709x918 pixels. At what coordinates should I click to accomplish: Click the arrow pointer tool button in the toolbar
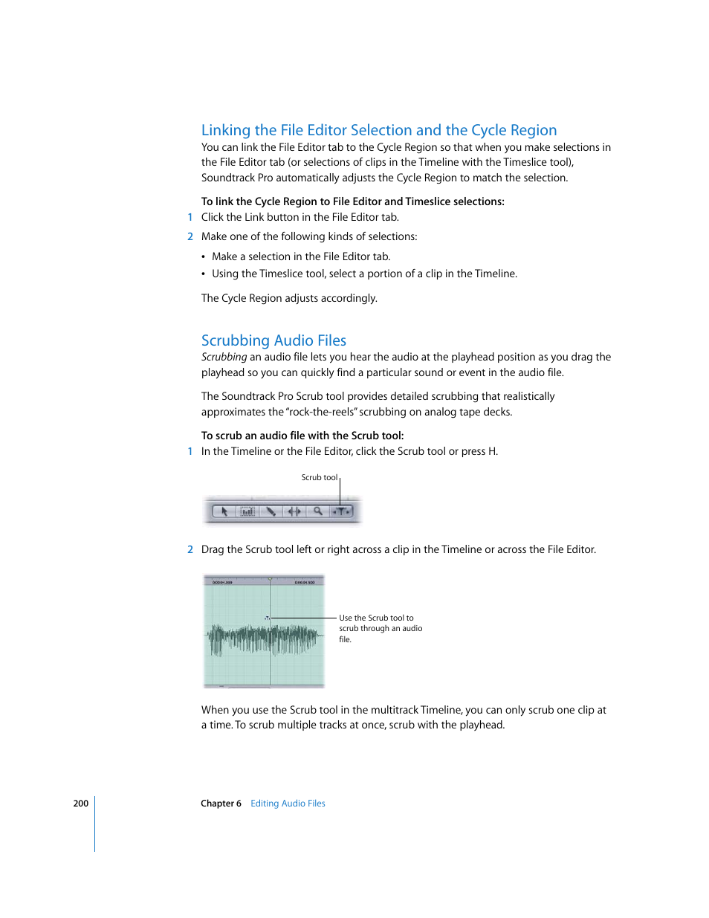coord(224,511)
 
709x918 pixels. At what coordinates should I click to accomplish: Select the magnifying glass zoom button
coord(318,511)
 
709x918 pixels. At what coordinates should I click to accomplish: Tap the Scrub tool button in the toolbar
coord(341,511)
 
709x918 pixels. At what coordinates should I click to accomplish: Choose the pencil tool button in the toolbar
coord(271,511)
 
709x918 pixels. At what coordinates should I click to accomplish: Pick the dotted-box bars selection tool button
coord(247,511)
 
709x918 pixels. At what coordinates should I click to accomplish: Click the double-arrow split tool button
coord(294,511)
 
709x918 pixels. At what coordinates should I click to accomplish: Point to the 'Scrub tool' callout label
coord(319,478)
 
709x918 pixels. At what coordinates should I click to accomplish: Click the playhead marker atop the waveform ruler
coord(270,578)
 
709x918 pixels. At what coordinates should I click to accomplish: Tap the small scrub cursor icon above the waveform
coord(267,618)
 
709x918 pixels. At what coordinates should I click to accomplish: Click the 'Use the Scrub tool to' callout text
coord(376,618)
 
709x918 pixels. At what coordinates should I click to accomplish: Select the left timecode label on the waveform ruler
coord(222,582)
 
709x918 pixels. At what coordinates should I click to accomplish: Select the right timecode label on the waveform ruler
coord(305,582)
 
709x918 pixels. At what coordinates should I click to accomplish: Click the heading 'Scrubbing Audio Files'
coord(273,340)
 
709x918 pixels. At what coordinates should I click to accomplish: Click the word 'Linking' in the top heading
coord(226,131)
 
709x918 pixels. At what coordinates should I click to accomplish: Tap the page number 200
coord(80,804)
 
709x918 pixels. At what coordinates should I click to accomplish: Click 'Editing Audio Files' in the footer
coord(288,804)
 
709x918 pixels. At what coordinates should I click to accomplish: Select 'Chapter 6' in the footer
coord(221,804)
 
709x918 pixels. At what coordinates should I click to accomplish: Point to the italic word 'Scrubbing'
coord(224,358)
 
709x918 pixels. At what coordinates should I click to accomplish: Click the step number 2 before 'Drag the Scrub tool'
coord(190,550)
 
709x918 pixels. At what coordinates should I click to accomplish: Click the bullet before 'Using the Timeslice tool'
coord(204,274)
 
